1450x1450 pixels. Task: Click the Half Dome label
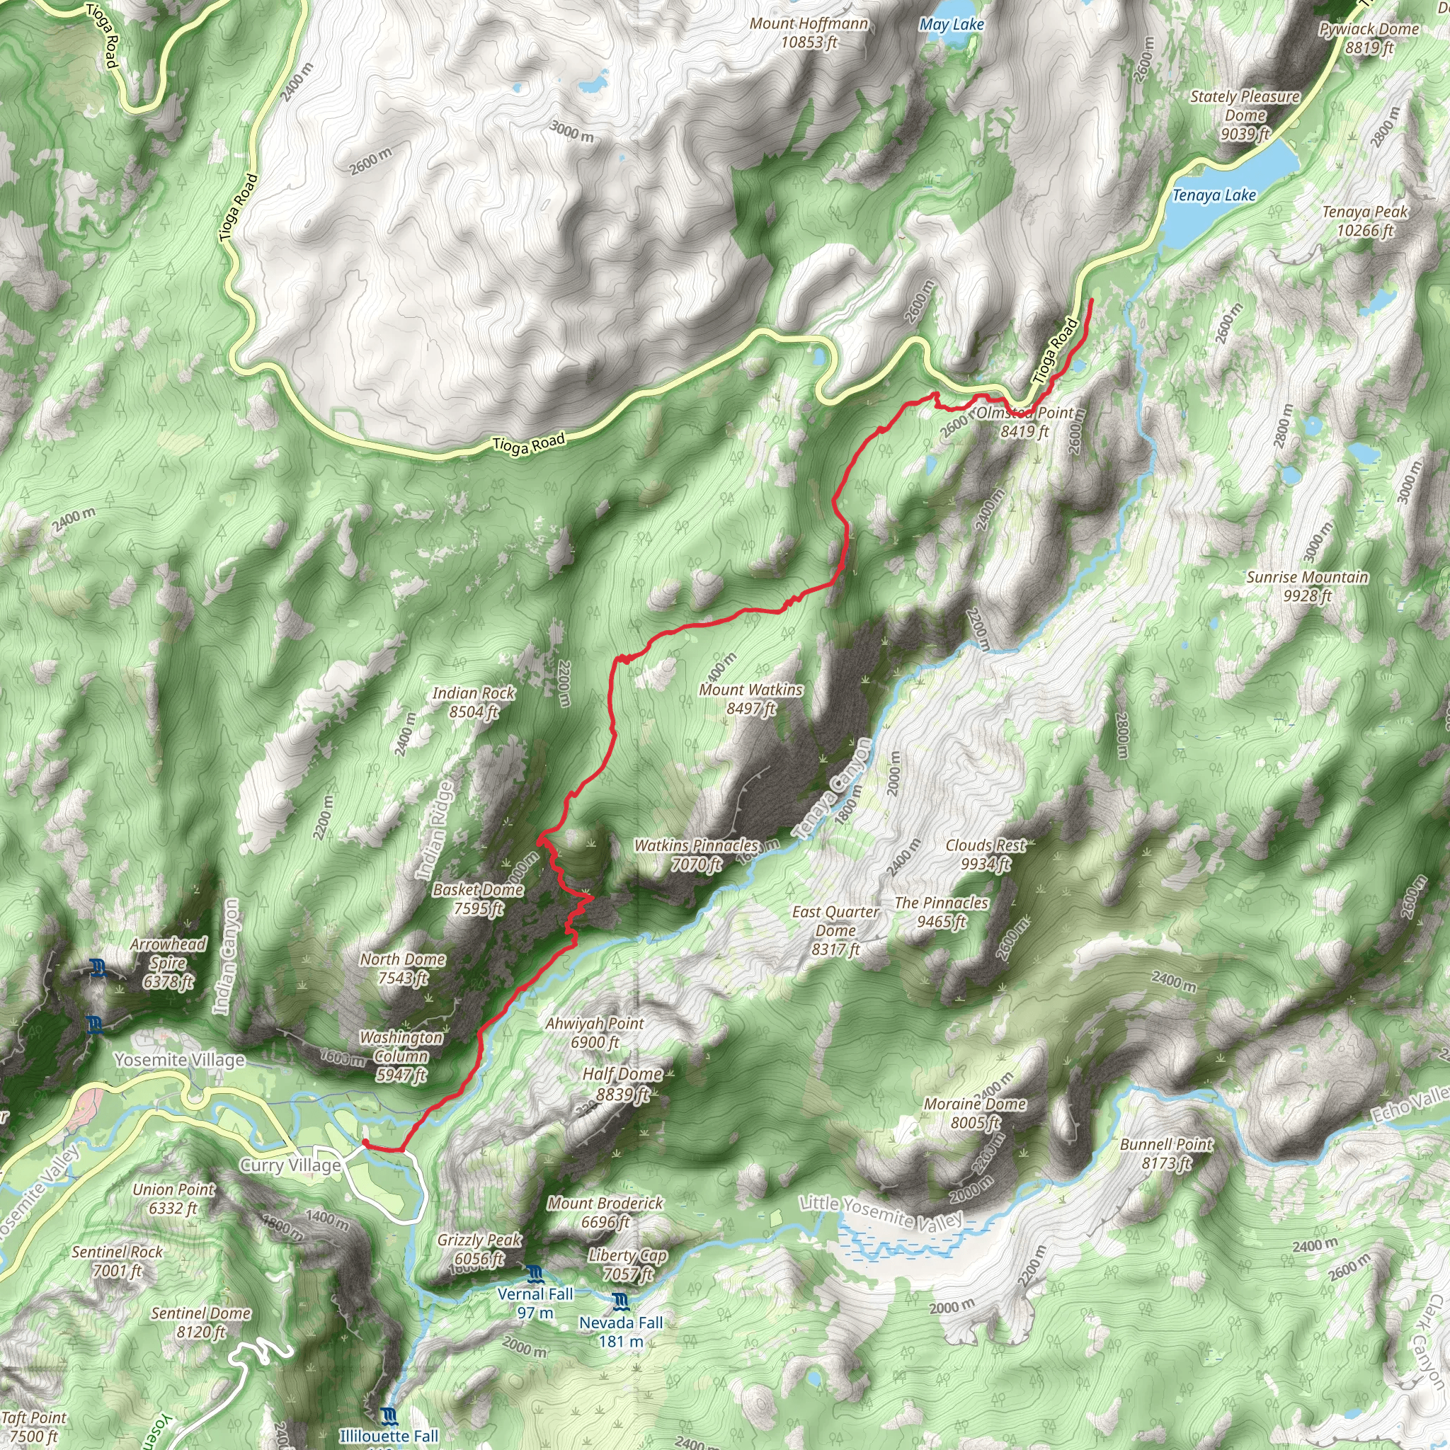(622, 1084)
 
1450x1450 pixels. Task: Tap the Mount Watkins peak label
(750, 699)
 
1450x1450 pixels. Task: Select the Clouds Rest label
(986, 854)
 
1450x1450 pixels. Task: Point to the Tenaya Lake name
(1214, 196)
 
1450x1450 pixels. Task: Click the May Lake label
(952, 25)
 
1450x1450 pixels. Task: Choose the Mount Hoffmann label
(809, 33)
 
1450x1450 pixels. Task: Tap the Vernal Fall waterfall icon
(534, 1273)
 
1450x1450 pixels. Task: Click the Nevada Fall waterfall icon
(620, 1301)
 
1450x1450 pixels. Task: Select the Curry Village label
(290, 1165)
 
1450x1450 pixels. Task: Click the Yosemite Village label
(179, 1060)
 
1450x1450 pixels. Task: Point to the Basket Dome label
(478, 898)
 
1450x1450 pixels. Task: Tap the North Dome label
(403, 968)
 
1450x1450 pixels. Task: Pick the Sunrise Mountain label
(1307, 586)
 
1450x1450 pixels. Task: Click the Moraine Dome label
(974, 1113)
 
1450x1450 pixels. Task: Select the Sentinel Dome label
(200, 1323)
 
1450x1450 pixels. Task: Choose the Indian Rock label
(474, 702)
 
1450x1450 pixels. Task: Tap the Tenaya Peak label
(1364, 221)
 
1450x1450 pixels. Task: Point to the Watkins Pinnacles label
(697, 854)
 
